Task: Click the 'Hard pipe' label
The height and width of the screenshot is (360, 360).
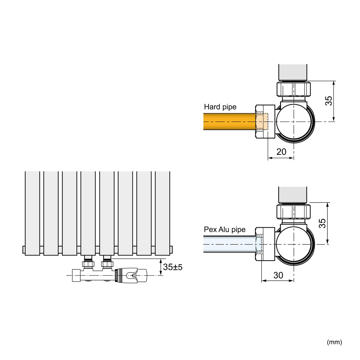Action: click(220, 107)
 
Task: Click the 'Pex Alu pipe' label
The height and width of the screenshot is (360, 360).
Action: click(224, 229)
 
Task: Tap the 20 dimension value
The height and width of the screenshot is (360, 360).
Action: click(281, 152)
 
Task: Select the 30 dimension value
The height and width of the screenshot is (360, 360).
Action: click(278, 275)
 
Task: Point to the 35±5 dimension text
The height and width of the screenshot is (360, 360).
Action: click(173, 267)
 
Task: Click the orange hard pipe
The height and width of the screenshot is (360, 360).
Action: click(229, 121)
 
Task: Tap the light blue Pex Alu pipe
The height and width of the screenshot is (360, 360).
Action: click(229, 244)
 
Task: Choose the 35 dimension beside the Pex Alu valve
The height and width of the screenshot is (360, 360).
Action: click(322, 223)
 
